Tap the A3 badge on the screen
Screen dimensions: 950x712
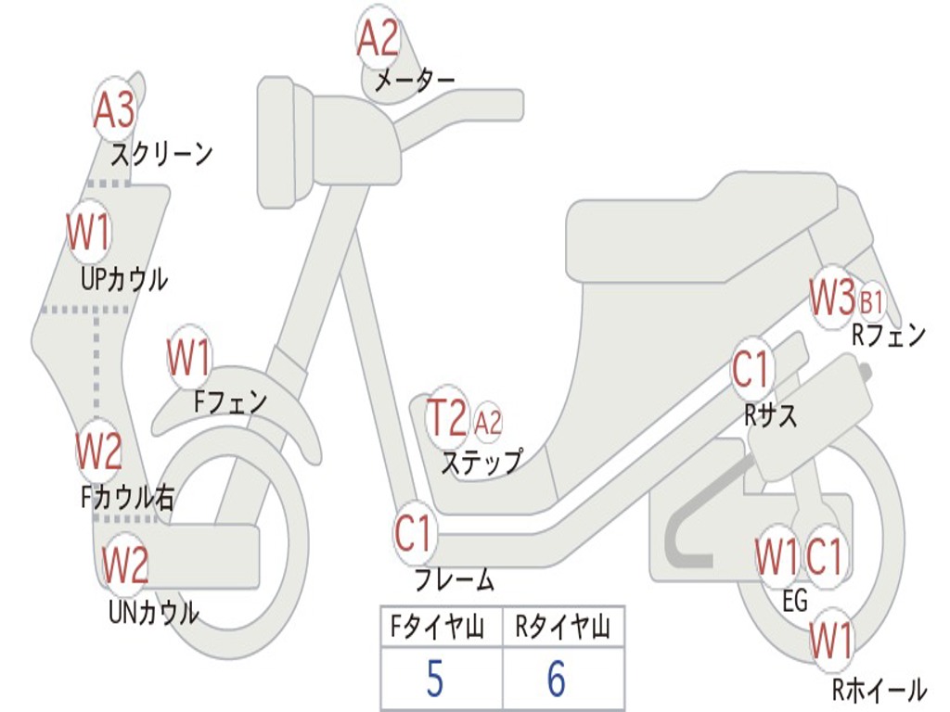114,110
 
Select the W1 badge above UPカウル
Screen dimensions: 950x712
89,232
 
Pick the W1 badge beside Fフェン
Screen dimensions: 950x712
189,358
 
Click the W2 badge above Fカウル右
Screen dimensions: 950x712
99,451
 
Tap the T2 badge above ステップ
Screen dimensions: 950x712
446,418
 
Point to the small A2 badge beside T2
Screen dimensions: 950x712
488,423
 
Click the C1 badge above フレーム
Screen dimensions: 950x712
415,535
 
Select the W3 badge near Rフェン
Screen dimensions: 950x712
831,298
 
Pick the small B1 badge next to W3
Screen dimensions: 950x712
871,301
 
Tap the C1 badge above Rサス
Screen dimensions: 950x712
751,369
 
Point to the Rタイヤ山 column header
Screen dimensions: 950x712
563,629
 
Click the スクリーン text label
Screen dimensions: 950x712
162,153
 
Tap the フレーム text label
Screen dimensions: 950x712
455,581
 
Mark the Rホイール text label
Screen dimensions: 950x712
879,689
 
